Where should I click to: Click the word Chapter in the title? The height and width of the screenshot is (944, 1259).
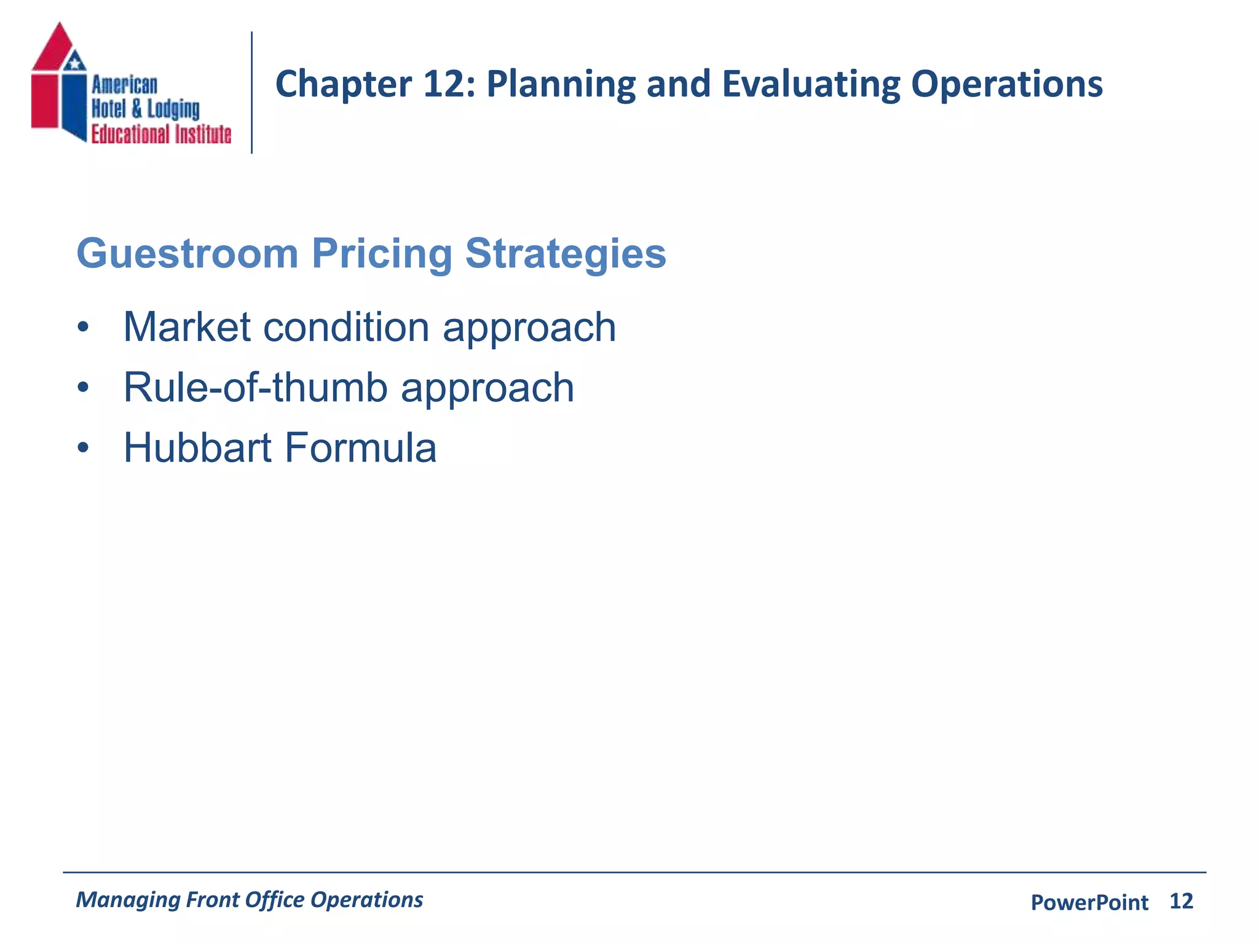[x=343, y=84]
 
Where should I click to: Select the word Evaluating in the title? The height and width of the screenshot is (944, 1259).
[x=810, y=84]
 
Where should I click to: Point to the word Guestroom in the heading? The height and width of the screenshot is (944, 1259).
[x=187, y=254]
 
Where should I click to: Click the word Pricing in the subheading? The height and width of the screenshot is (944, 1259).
[x=382, y=254]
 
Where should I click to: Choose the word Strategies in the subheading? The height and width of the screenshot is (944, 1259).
[x=565, y=254]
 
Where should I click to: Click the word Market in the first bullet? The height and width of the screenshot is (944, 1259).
[x=187, y=327]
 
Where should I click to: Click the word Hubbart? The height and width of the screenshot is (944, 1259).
[x=197, y=448]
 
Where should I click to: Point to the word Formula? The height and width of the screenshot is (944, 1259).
[x=360, y=448]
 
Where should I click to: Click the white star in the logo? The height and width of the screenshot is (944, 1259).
[x=75, y=62]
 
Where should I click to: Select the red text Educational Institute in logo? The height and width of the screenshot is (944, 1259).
[x=161, y=134]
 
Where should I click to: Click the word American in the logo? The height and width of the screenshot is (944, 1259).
[x=124, y=85]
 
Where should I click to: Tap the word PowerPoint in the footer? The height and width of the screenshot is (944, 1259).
[x=1089, y=903]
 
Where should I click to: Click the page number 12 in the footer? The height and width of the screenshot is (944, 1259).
[x=1180, y=902]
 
